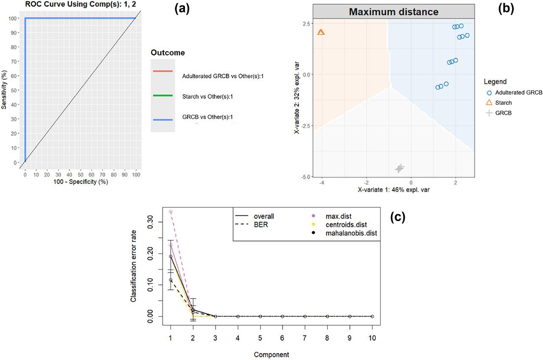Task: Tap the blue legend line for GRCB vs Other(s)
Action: (162, 120)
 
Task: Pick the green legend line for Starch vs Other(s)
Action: (162, 96)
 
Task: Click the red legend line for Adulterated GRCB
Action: (162, 71)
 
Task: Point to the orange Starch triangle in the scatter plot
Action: (321, 32)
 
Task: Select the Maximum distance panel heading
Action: (393, 11)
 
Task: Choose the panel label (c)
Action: (397, 217)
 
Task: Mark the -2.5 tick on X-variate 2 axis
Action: (306, 126)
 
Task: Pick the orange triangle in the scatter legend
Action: (489, 103)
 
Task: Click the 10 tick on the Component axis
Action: (372, 338)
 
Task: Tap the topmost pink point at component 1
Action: (171, 212)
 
